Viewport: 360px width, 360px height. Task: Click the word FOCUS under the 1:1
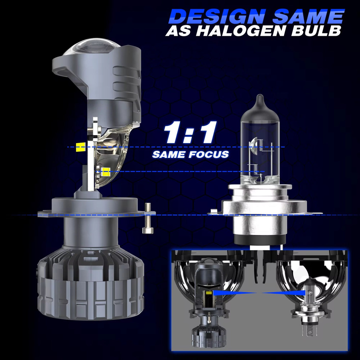point(210,155)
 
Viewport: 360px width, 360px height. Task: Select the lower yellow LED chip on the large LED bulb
point(105,172)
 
